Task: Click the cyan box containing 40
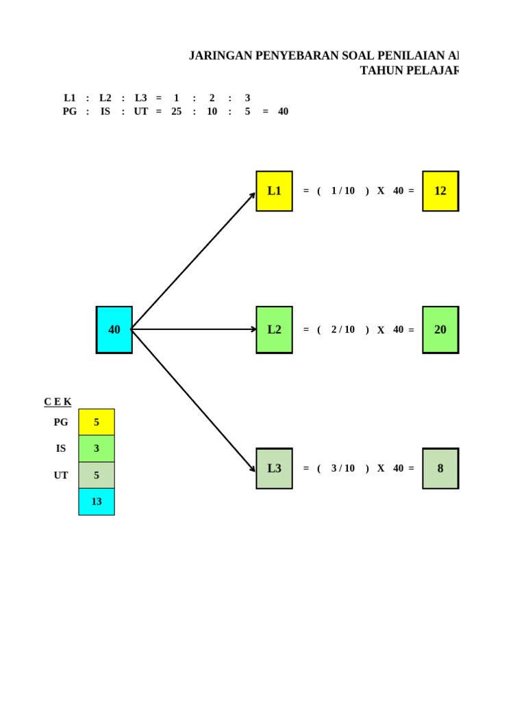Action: point(114,329)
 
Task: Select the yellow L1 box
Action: point(274,191)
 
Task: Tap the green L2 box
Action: point(274,329)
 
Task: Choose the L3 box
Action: point(274,468)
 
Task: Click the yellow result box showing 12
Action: point(440,191)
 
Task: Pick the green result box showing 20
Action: point(440,329)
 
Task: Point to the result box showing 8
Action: point(440,468)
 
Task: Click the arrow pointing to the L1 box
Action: point(193,261)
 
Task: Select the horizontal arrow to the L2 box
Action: point(194,329)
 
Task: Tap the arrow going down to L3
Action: point(193,400)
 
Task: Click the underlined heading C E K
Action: point(58,402)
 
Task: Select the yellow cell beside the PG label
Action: point(97,422)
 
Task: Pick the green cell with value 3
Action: point(97,448)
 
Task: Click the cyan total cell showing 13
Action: point(97,501)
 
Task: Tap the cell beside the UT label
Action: point(97,475)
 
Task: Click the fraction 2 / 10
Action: point(343,329)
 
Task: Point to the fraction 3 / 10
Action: point(343,468)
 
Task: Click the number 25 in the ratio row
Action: point(177,112)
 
